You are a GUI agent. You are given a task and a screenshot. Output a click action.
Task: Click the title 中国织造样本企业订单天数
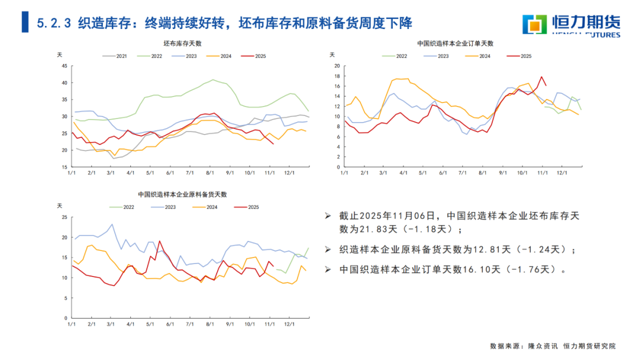(x=455, y=43)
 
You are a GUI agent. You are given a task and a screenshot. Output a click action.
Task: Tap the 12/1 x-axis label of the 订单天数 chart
(x=560, y=173)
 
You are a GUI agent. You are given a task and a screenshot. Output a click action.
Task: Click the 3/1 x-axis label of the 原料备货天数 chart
(x=111, y=324)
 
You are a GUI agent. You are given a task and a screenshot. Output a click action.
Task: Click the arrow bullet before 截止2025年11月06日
(x=328, y=216)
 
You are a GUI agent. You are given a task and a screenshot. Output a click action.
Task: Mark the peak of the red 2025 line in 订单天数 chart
(x=541, y=76)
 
